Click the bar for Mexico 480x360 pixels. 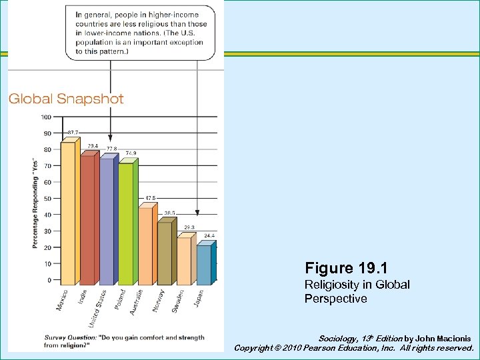[x=68, y=213]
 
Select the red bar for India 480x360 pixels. [x=87, y=220]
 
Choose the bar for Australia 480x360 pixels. [x=145, y=246]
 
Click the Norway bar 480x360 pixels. [x=165, y=253]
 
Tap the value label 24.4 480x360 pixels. [x=209, y=235]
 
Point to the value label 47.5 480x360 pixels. [x=151, y=198]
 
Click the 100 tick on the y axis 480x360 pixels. [x=47, y=117]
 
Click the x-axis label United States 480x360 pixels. [x=99, y=304]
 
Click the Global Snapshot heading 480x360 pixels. [x=66, y=99]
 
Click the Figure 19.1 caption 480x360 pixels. [x=347, y=268]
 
